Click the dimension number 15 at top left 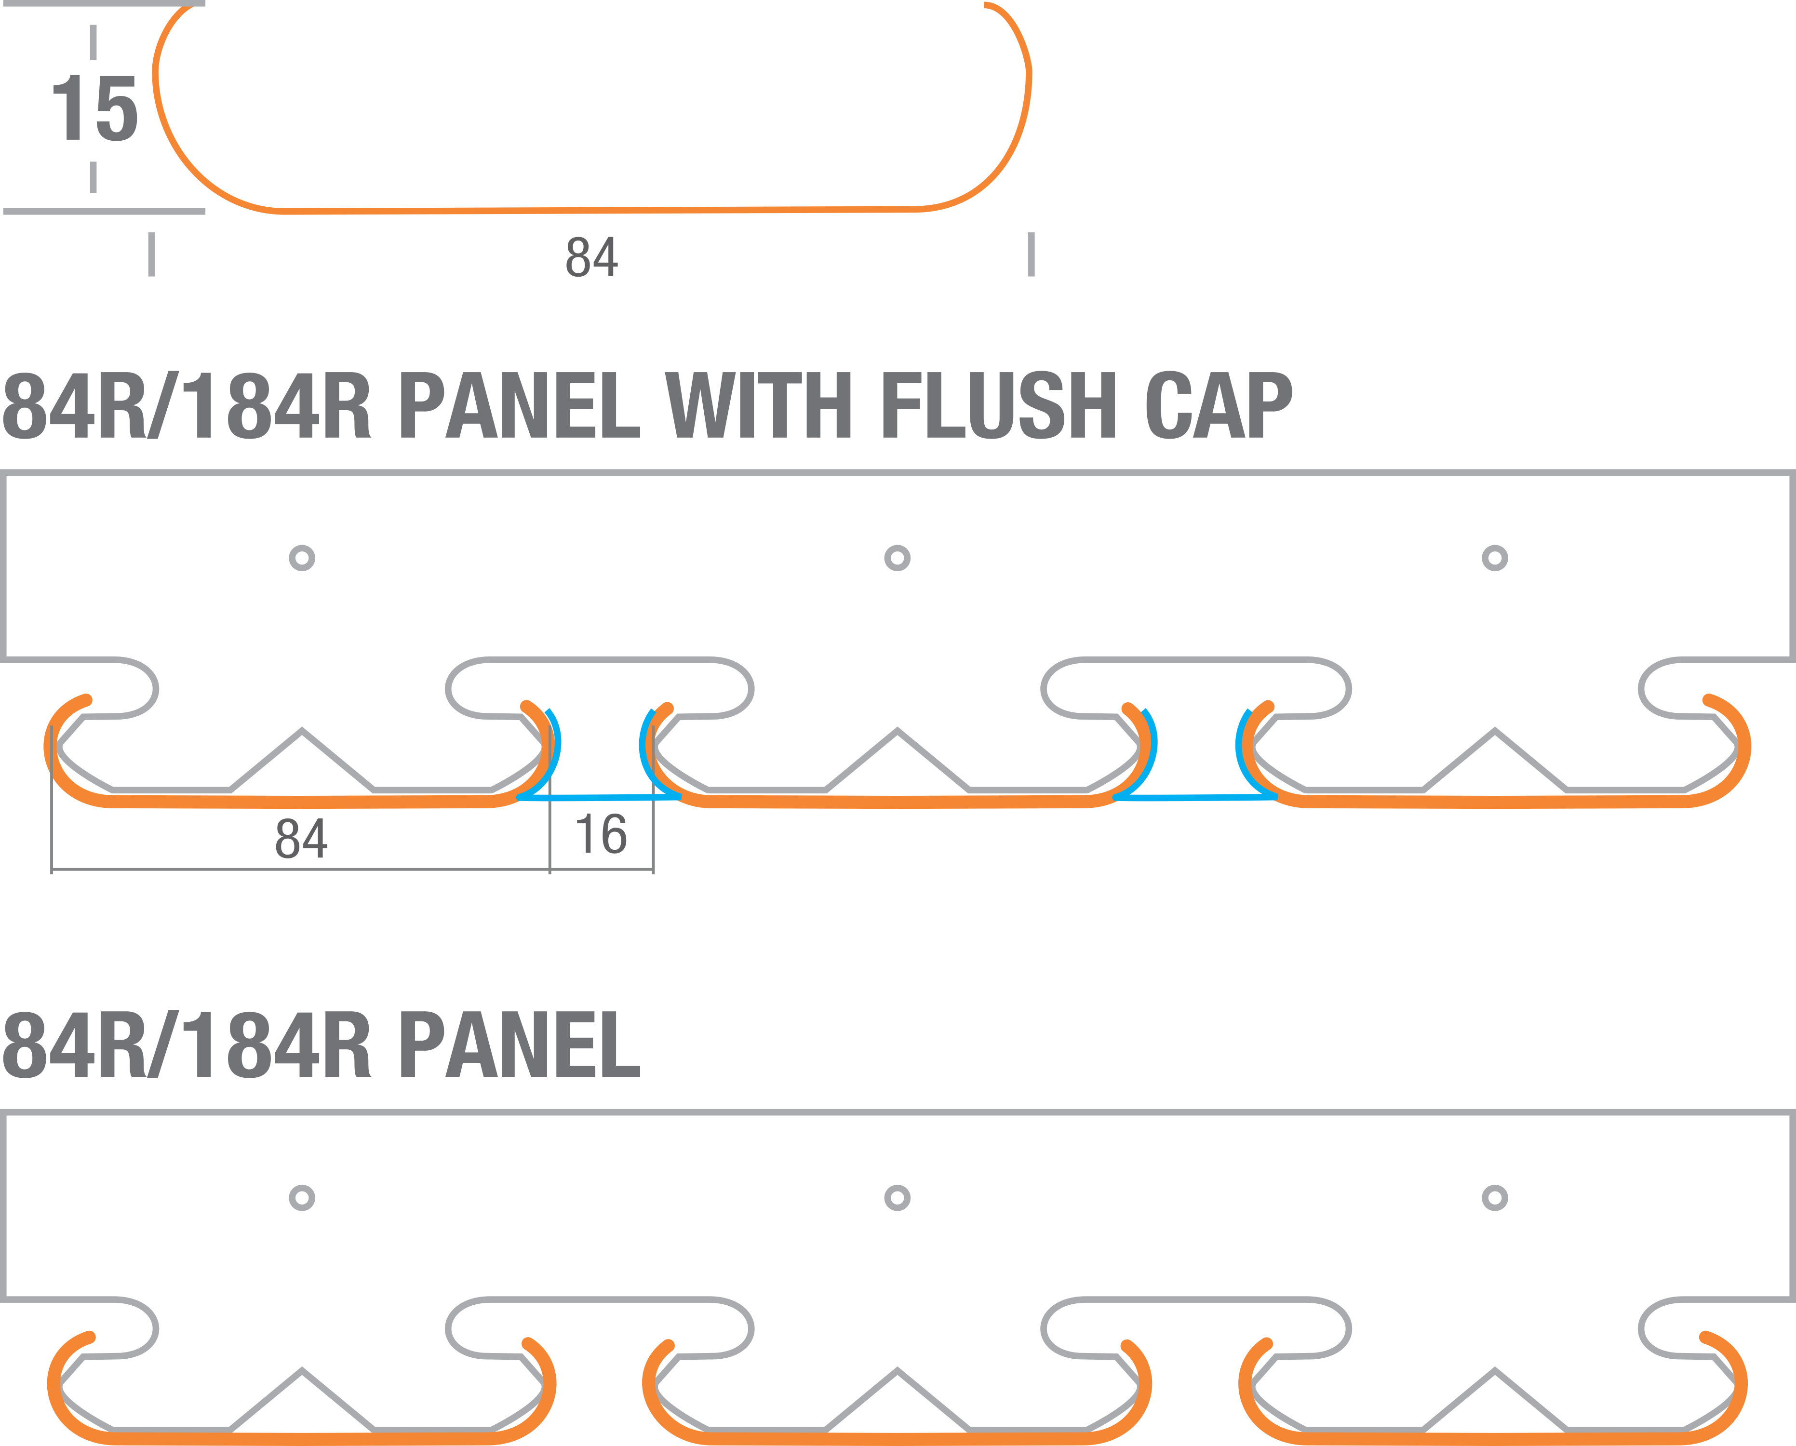click(x=94, y=108)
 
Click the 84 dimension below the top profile click(x=591, y=257)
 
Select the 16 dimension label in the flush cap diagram click(x=602, y=835)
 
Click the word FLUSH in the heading click(x=998, y=406)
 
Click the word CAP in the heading click(x=1218, y=406)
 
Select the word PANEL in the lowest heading click(x=521, y=1045)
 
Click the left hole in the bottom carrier click(x=302, y=1198)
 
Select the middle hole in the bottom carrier click(x=897, y=1198)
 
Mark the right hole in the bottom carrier click(x=1494, y=1198)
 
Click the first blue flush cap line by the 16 click(x=600, y=797)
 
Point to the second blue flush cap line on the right click(x=1195, y=797)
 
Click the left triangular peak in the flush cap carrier click(x=302, y=733)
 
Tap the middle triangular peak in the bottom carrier click(x=897, y=1373)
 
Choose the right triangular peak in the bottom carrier click(x=1494, y=1373)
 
